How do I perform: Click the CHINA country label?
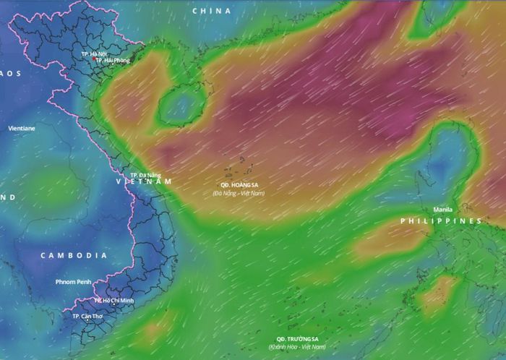(x=212, y=11)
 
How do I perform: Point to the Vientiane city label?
(x=22, y=128)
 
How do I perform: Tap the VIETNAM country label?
(x=145, y=182)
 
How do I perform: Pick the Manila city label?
(x=443, y=210)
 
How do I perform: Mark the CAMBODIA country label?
(x=74, y=256)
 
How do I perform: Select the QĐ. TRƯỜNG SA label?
(x=297, y=339)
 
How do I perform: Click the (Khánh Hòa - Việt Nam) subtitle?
(x=297, y=347)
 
